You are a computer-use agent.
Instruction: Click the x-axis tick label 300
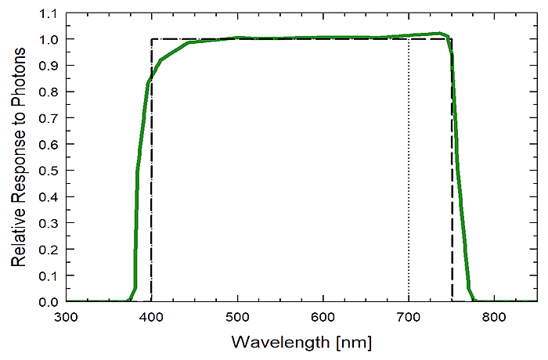click(x=66, y=318)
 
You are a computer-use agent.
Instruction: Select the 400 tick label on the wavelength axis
click(x=151, y=318)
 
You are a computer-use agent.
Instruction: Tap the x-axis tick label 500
click(x=236, y=318)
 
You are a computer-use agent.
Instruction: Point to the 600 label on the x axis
click(x=323, y=318)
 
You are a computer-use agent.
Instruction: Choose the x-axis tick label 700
click(x=409, y=318)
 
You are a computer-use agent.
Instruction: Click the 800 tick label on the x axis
click(x=494, y=318)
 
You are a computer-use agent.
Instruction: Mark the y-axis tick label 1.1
click(x=49, y=13)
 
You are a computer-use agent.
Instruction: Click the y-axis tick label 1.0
click(x=49, y=39)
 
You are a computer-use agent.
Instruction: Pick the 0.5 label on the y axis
click(x=49, y=171)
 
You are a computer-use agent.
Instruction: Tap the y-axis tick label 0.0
click(x=49, y=302)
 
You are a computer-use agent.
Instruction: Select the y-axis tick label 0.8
click(x=49, y=92)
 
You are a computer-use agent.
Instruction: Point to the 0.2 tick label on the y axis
click(x=49, y=250)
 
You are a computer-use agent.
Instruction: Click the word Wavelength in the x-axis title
click(x=271, y=343)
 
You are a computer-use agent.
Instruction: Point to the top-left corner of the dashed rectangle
click(x=151, y=39)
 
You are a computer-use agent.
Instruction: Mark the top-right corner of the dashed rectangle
click(x=452, y=39)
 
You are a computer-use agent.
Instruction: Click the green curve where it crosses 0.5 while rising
click(x=138, y=171)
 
